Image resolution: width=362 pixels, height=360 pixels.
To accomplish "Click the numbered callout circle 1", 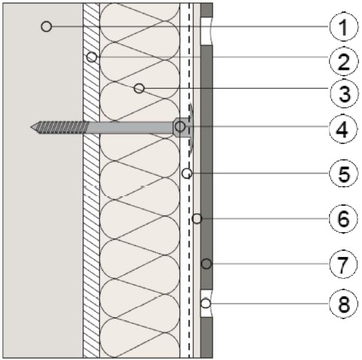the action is [x=343, y=26].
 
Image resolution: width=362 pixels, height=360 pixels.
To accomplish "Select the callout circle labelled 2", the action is [x=343, y=61].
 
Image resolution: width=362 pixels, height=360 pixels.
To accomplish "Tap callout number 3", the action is [x=344, y=93].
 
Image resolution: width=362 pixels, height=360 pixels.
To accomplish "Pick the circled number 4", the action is [x=343, y=129].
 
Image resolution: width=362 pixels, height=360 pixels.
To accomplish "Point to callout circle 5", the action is [x=343, y=173].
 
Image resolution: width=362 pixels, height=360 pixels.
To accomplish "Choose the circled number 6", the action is [x=343, y=219].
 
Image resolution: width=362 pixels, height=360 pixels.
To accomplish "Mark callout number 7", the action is [x=343, y=264].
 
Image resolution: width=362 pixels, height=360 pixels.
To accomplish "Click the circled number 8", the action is [x=343, y=304].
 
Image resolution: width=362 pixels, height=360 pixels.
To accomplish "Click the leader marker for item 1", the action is [x=47, y=26].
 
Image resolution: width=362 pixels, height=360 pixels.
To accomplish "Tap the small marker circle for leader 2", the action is [x=92, y=57].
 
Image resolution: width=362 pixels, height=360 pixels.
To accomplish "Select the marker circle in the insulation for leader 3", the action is [x=139, y=88].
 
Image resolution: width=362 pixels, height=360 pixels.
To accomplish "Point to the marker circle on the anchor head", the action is [x=180, y=126].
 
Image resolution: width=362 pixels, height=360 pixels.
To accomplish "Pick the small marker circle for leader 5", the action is [x=187, y=173].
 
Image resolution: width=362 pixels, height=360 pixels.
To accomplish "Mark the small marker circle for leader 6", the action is [x=197, y=219].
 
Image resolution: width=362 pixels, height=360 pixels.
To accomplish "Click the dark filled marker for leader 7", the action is [x=207, y=264].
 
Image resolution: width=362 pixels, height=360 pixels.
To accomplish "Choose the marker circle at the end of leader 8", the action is [x=206, y=304].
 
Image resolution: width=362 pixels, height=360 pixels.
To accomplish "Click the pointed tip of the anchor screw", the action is [x=31, y=127].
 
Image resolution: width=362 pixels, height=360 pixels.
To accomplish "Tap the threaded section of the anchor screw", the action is [x=60, y=127].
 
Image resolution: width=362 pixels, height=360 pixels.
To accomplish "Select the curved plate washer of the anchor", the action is [x=192, y=129].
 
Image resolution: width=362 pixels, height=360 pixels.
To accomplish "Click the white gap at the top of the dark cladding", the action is [x=207, y=31].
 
